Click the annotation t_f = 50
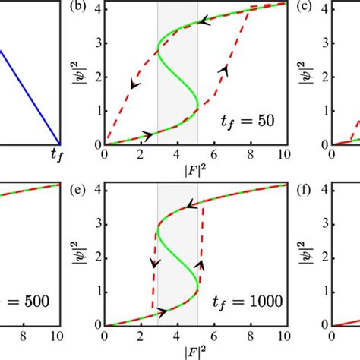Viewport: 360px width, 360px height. pos(247,120)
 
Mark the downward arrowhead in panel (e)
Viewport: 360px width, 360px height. pos(155,264)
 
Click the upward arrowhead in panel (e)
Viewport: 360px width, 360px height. pos(201,265)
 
